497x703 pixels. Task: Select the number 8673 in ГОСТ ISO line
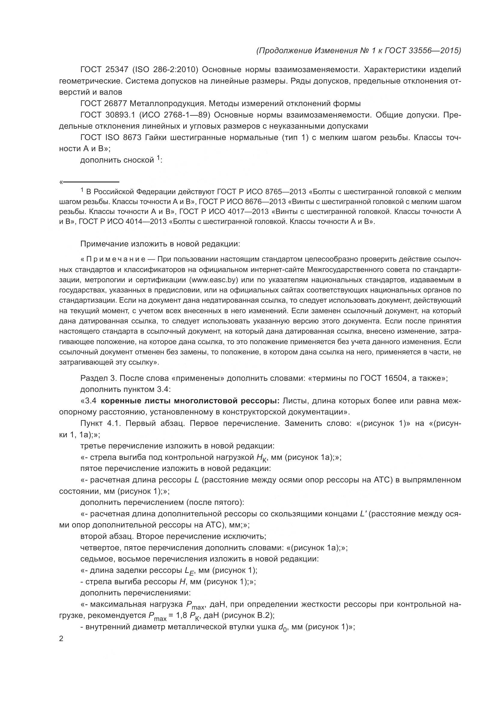tap(132, 137)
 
